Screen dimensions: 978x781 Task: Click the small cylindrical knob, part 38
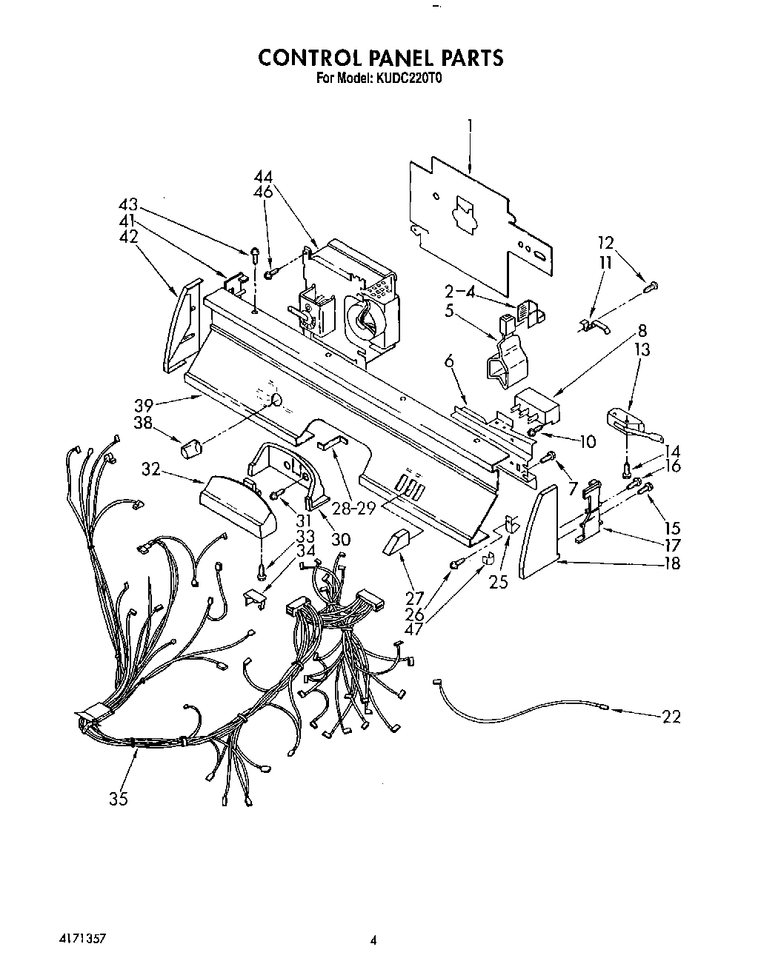pos(192,448)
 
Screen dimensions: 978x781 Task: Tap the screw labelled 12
pos(652,285)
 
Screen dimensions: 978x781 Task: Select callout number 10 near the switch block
pos(586,441)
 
